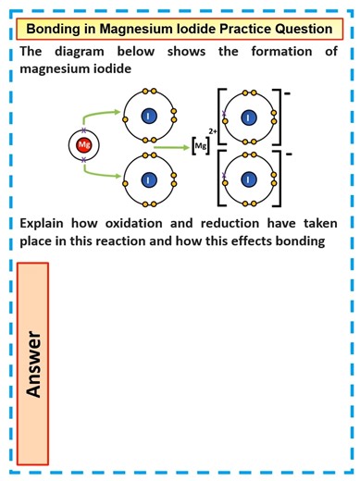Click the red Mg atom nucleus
(83, 144)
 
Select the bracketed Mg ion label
(200, 146)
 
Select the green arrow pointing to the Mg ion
(172, 145)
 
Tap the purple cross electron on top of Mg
(83, 130)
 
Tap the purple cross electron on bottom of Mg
(83, 160)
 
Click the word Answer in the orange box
(34, 363)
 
